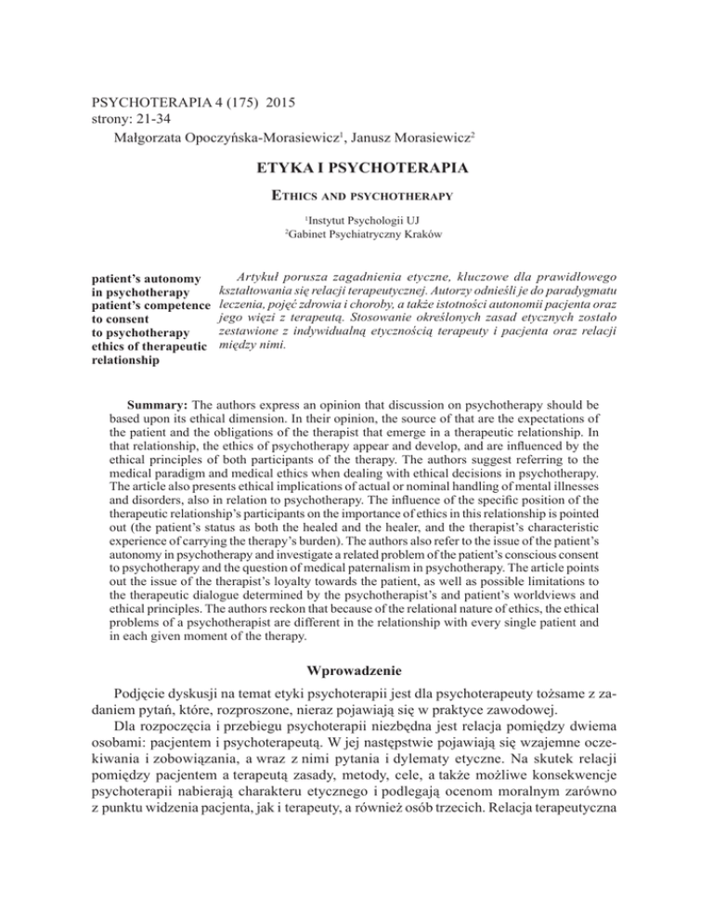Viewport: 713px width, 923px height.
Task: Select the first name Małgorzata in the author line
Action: tap(145, 137)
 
